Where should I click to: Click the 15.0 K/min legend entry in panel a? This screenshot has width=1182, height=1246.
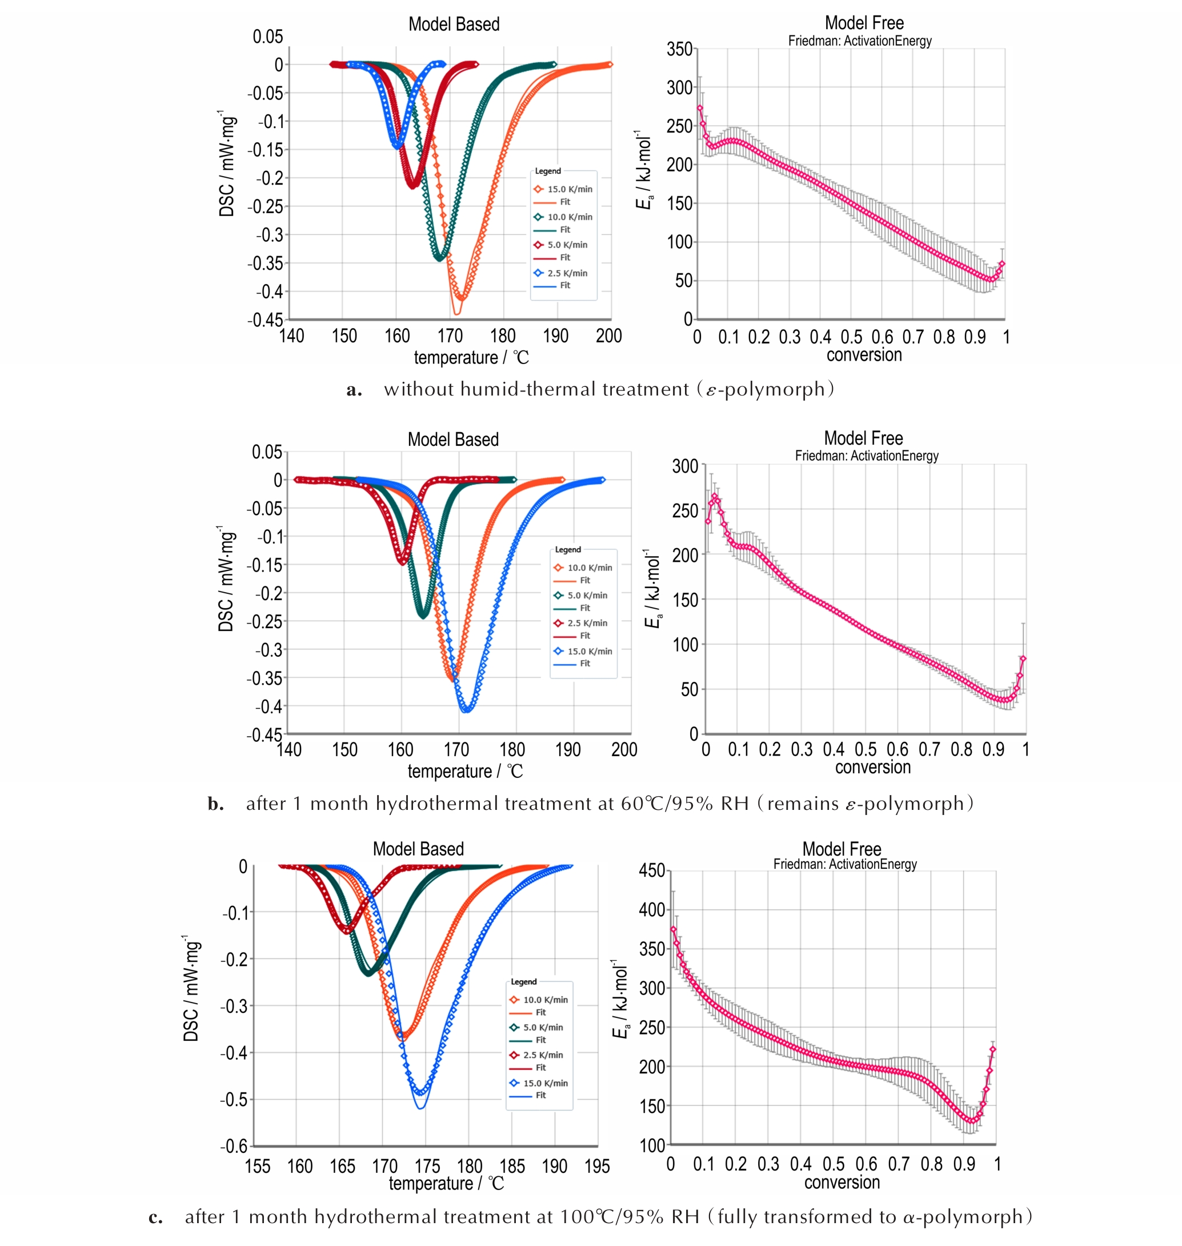(x=569, y=189)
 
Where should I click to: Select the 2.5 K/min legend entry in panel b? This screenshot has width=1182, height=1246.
(x=587, y=622)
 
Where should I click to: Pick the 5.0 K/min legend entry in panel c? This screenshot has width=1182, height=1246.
(x=543, y=1027)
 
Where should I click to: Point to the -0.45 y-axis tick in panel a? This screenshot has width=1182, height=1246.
(x=265, y=320)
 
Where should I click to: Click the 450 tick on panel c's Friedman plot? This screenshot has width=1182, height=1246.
(x=651, y=871)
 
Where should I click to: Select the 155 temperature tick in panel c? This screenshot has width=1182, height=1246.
(x=257, y=1167)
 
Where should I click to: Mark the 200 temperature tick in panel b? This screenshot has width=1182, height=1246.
(x=624, y=749)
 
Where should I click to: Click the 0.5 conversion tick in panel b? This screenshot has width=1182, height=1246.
(x=865, y=749)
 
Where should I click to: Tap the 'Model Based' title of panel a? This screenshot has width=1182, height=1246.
(x=454, y=25)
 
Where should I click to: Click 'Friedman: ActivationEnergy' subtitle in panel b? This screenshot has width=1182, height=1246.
(x=866, y=456)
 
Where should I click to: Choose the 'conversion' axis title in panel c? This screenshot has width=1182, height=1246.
(x=842, y=1183)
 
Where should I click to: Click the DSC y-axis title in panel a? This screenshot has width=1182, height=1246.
(x=227, y=165)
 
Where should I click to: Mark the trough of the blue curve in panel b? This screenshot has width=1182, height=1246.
(x=466, y=710)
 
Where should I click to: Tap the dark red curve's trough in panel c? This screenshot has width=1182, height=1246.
(x=347, y=930)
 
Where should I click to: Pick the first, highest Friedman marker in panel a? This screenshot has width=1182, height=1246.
(x=699, y=108)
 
